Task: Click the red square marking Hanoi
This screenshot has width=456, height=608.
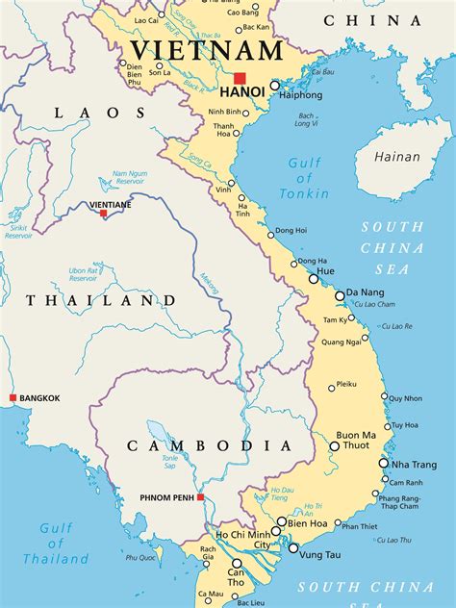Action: point(240,78)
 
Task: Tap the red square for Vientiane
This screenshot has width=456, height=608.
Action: point(104,214)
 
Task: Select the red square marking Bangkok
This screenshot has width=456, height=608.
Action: point(13,397)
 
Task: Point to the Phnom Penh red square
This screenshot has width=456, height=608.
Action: point(200,497)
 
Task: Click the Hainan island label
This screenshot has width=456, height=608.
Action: point(397,156)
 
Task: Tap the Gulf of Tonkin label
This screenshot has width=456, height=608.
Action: point(305,178)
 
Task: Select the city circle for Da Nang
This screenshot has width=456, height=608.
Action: point(340,295)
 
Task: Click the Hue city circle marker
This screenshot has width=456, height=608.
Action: point(314,278)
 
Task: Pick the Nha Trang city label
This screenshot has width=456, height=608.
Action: point(414,465)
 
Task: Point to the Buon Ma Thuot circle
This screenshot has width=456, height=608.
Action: point(335,445)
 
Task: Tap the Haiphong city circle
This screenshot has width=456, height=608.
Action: point(274,86)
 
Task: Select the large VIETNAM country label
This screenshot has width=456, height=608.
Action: point(207,50)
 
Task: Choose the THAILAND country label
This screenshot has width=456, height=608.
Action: point(100,300)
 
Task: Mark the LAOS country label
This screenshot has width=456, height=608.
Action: point(87,113)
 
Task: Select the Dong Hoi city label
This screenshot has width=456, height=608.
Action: point(291,231)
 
